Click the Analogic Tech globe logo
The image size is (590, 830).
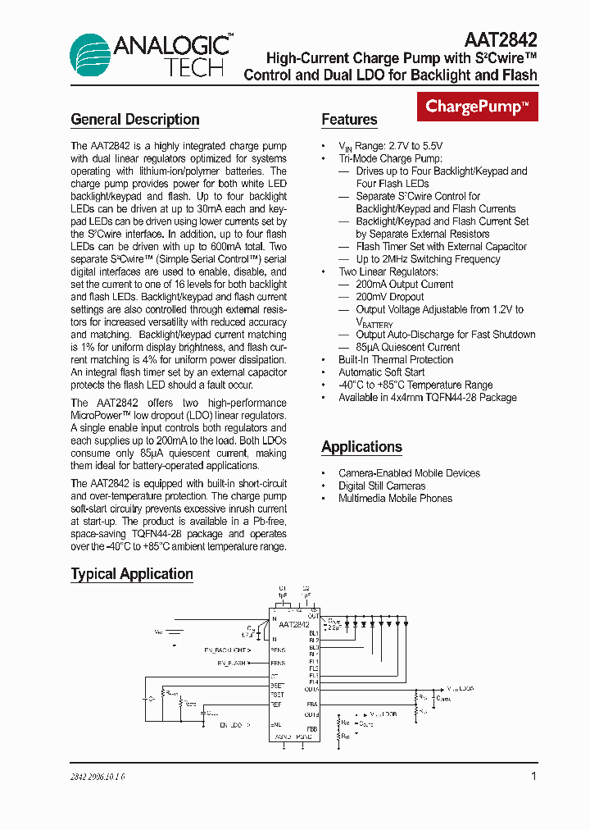[x=93, y=57]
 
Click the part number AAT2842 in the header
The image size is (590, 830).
[x=501, y=40]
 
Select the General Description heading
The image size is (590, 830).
[x=135, y=120]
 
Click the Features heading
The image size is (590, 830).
[x=349, y=120]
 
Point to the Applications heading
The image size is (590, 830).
[x=361, y=447]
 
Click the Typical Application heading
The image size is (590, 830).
[x=132, y=574]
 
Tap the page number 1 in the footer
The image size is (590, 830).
[x=533, y=776]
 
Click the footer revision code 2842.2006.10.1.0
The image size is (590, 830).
[x=98, y=777]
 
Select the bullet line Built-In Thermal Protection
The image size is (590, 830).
[x=384, y=360]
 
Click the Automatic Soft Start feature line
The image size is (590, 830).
[x=381, y=372]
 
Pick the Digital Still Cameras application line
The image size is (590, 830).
[x=382, y=486]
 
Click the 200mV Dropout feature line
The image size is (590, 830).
[x=389, y=297]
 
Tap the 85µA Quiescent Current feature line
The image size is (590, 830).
[x=407, y=347]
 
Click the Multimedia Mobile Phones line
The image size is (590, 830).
[x=395, y=499]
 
